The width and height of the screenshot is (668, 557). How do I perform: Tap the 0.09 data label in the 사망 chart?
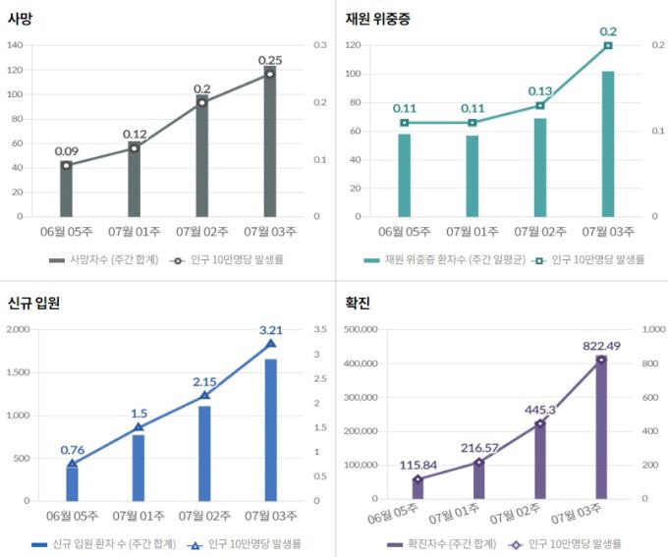click(67, 151)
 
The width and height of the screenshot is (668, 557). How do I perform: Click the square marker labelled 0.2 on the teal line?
click(608, 45)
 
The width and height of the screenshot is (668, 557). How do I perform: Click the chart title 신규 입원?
click(32, 303)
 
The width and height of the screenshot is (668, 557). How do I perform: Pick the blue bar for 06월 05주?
click(72, 483)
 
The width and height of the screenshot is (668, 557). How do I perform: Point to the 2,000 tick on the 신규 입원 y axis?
click(18, 329)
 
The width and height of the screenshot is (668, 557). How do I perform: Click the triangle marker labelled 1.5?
click(139, 427)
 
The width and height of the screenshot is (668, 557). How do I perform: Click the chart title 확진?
click(357, 303)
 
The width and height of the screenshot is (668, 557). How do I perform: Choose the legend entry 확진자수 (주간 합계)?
click(444, 543)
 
